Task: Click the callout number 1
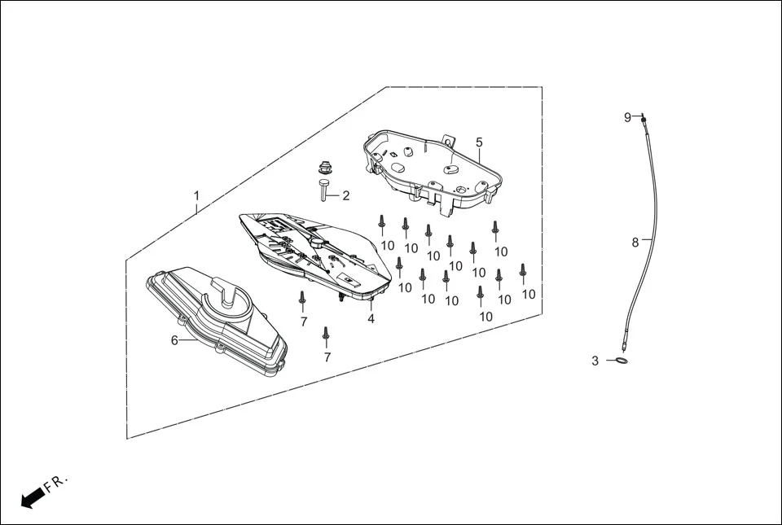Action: [x=196, y=196]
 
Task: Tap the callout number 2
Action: [x=345, y=195]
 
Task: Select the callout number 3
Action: [x=595, y=360]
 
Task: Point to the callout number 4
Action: [x=371, y=319]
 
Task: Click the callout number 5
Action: [x=479, y=142]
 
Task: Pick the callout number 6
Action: [x=174, y=340]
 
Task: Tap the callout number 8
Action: [x=635, y=242]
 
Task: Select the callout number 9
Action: [x=628, y=117]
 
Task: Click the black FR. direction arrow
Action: [x=31, y=497]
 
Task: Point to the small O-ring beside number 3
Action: [x=620, y=361]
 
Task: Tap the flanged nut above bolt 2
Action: [x=325, y=168]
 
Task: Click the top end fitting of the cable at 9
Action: [x=644, y=119]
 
